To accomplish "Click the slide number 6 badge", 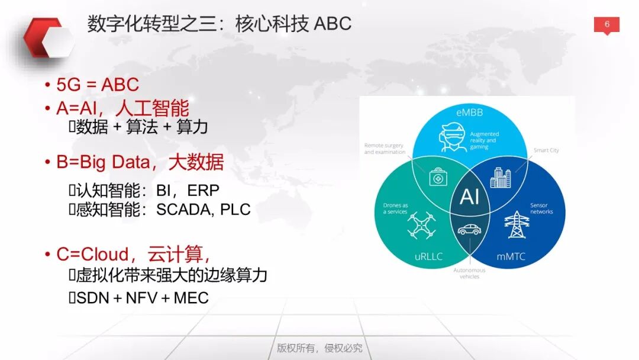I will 606,25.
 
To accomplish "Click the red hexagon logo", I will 49,39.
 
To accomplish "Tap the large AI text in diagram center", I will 469,197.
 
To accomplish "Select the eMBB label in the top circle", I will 470,112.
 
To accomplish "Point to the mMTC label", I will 509,256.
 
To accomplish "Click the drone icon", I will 421,226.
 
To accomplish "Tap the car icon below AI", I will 469,229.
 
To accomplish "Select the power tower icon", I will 516,225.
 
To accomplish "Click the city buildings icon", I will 501,177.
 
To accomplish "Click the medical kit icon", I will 438,176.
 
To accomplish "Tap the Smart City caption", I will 546,150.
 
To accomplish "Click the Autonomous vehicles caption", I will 469,274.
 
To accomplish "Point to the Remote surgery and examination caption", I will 385,149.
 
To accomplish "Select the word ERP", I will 203,190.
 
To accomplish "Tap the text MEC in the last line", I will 192,297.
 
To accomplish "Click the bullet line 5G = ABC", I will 97,84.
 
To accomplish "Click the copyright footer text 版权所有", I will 298,348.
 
